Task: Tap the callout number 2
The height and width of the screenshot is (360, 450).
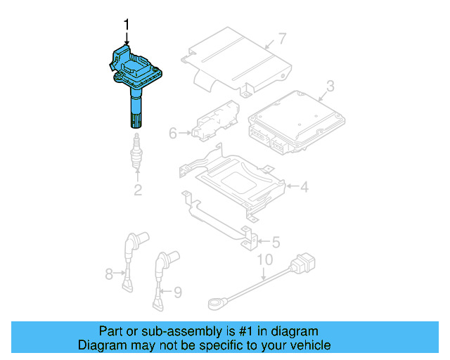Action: [x=138, y=189]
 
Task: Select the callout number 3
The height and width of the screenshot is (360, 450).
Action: [x=329, y=87]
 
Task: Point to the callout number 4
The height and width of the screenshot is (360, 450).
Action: [x=304, y=188]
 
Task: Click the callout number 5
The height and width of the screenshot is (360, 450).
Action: [x=275, y=242]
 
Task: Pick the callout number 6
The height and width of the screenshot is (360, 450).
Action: [x=172, y=131]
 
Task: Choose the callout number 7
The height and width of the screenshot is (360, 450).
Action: [x=282, y=38]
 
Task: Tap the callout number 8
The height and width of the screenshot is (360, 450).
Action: [x=109, y=274]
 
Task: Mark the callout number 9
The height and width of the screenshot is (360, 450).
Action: [x=177, y=290]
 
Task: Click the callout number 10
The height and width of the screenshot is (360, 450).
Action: [x=263, y=261]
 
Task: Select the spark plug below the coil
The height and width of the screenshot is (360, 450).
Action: [x=136, y=153]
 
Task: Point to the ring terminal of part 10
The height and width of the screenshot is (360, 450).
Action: [x=214, y=304]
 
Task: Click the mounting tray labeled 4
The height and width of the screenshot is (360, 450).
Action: [x=232, y=183]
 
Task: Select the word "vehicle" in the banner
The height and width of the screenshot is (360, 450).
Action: [x=307, y=345]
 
